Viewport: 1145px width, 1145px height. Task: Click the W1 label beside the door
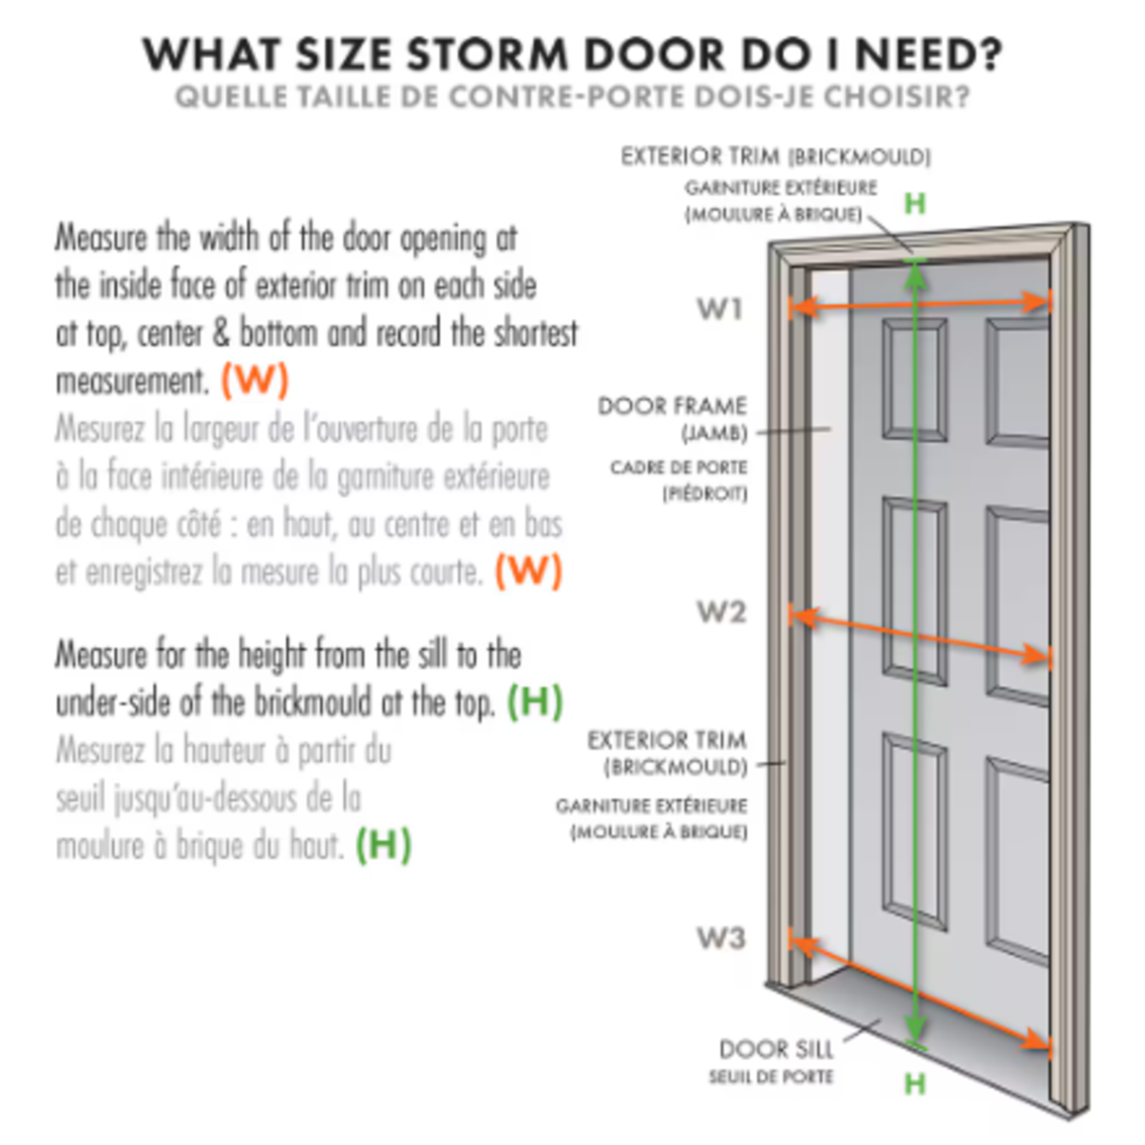(720, 309)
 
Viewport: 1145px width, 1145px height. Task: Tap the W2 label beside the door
(721, 612)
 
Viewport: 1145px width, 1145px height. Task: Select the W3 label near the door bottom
(721, 938)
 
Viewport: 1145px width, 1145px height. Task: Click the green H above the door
(915, 204)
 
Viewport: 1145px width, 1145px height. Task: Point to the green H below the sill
(915, 1083)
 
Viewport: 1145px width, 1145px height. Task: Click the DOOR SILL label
(776, 1049)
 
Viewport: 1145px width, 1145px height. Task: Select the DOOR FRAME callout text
(672, 406)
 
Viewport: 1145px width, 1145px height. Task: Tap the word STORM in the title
(488, 54)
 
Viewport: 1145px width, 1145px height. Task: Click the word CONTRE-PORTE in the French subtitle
(568, 97)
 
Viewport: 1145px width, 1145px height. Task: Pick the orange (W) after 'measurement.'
(254, 380)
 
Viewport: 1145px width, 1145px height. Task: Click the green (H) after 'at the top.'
(535, 702)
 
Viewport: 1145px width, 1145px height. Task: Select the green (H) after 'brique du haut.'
(383, 845)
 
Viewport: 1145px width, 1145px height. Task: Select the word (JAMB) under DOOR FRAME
(715, 435)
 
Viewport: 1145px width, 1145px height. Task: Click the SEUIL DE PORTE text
(771, 1077)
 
